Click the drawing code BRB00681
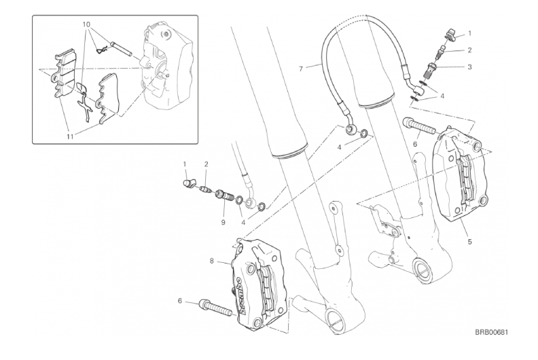coord(491,332)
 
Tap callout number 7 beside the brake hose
coord(301,69)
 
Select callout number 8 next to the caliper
coord(212,261)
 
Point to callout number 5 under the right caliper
coord(469,242)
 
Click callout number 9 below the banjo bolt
coord(223,222)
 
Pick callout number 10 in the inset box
coord(86,24)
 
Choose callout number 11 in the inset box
coord(70,137)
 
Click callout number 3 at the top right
coord(469,67)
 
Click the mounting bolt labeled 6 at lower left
coord(217,309)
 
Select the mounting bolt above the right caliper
coord(418,126)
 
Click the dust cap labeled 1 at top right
coord(450,35)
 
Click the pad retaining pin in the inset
coord(122,50)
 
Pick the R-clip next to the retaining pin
coord(102,51)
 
